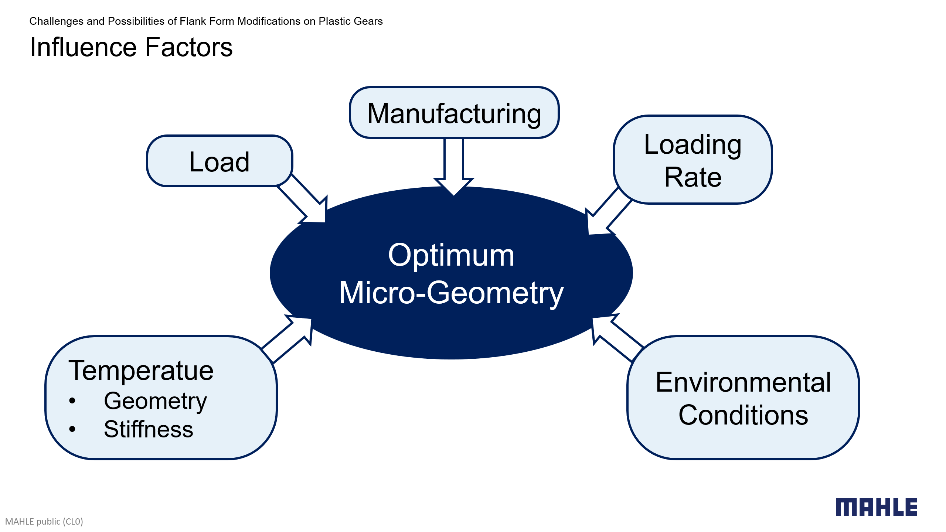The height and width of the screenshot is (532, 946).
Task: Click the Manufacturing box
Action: coord(454,113)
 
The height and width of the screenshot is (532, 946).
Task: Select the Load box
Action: coord(220,161)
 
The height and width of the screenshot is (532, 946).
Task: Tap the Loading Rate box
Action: coord(693,160)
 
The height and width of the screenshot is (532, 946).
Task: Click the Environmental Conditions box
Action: coord(743,398)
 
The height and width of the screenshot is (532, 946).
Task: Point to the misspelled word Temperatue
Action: coord(141,370)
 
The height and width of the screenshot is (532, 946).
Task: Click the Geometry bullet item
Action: coord(155,401)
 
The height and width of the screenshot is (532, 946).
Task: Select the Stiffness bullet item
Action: coord(149,429)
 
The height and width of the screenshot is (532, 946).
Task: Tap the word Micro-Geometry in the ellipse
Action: coord(451,293)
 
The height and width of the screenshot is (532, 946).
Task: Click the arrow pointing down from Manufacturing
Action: coord(454,166)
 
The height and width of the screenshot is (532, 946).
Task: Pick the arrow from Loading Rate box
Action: coord(606,214)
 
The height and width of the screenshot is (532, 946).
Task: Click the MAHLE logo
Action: coord(876,507)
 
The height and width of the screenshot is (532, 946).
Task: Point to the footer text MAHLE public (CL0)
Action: coord(44,521)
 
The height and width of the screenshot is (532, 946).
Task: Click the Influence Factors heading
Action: coord(131,47)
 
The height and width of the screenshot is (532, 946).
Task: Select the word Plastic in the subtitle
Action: coord(331,21)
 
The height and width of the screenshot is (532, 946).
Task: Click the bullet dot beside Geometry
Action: coord(72,401)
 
